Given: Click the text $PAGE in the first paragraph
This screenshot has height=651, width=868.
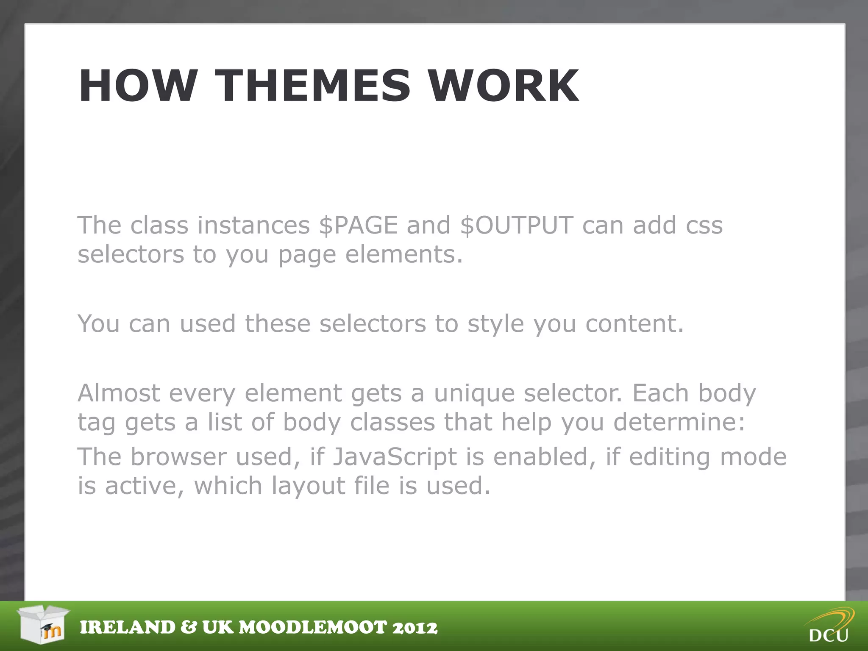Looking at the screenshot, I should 358,225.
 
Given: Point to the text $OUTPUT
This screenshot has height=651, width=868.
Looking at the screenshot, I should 517,225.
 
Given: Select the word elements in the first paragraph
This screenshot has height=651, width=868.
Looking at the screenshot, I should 403,254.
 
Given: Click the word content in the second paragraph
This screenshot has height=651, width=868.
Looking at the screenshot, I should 634,324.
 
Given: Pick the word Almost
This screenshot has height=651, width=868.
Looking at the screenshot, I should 119,393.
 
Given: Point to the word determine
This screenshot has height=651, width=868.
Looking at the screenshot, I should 679,422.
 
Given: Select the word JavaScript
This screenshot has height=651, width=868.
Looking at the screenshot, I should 395,457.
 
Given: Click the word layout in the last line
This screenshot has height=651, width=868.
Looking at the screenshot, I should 308,486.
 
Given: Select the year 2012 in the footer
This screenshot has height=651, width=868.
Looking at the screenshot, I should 415,628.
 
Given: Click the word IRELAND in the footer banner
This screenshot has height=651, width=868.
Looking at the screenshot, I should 128,628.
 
